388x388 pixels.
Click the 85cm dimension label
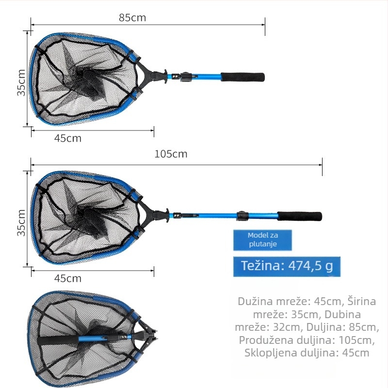pos(132,17)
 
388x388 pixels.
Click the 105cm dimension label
pos(171,154)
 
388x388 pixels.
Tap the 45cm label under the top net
pos(68,138)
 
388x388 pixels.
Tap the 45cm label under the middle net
pos(68,278)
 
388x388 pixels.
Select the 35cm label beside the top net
pos(21,82)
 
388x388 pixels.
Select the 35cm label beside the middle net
pos(21,223)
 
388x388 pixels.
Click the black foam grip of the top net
pos(243,77)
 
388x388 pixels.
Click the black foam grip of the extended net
pos(300,216)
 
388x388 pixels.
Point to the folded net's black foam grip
pos(58,340)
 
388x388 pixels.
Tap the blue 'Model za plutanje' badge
pos(262,240)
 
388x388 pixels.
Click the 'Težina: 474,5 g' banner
pos(287,266)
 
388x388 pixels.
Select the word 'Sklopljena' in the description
pos(269,353)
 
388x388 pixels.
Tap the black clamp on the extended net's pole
pos(243,216)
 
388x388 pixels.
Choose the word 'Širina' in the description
pos(361,301)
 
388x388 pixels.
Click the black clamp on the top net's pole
pos(186,77)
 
